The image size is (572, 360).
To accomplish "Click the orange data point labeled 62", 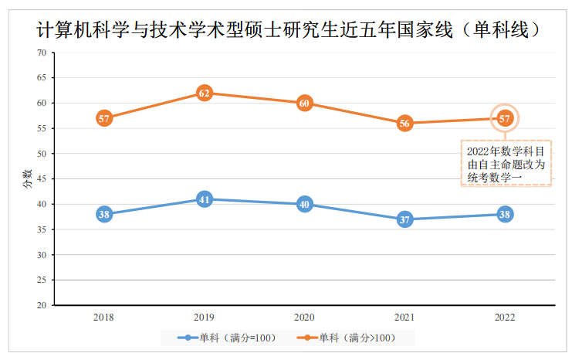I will pyautogui.click(x=205, y=93).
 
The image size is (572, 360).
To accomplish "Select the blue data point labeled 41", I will pyautogui.click(x=205, y=199).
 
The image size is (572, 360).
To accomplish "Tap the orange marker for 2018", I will pyautogui.click(x=104, y=118).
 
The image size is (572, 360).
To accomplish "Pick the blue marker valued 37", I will pyautogui.click(x=404, y=219).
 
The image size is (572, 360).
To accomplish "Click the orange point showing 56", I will pyautogui.click(x=404, y=123).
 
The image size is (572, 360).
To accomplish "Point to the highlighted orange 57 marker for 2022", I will pyautogui.click(x=505, y=118).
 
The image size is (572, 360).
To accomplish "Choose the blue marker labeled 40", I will pyautogui.click(x=304, y=205).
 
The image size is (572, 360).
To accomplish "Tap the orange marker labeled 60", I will pyautogui.click(x=304, y=103).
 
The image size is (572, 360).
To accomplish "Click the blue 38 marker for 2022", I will pyautogui.click(x=505, y=215).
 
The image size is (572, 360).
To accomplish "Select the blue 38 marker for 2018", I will pyautogui.click(x=104, y=215).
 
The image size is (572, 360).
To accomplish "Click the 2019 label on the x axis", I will pyautogui.click(x=205, y=317).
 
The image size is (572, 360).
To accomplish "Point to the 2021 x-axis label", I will pyautogui.click(x=404, y=317).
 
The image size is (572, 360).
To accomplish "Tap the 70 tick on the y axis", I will pyautogui.click(x=41, y=53).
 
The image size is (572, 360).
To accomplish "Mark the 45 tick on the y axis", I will pyautogui.click(x=41, y=178).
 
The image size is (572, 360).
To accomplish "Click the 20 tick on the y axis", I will pyautogui.click(x=41, y=305).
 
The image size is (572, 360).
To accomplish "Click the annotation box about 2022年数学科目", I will pyautogui.click(x=506, y=164).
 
